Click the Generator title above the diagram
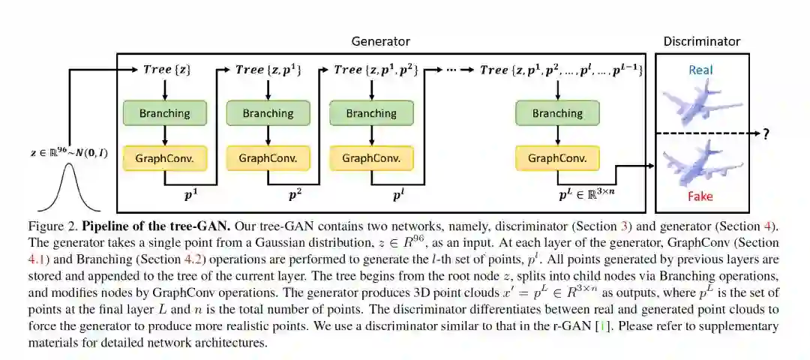[x=381, y=41]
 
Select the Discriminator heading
[x=701, y=41]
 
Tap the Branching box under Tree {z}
[x=165, y=113]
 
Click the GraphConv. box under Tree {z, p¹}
[x=268, y=158]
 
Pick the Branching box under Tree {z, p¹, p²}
[x=371, y=113]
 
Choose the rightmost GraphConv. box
[x=557, y=158]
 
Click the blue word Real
[x=701, y=70]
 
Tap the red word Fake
[x=701, y=196]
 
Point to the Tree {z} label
[x=165, y=69]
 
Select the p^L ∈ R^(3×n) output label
[x=587, y=195]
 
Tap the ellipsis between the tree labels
[x=451, y=69]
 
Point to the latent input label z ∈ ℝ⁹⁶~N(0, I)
[x=69, y=152]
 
